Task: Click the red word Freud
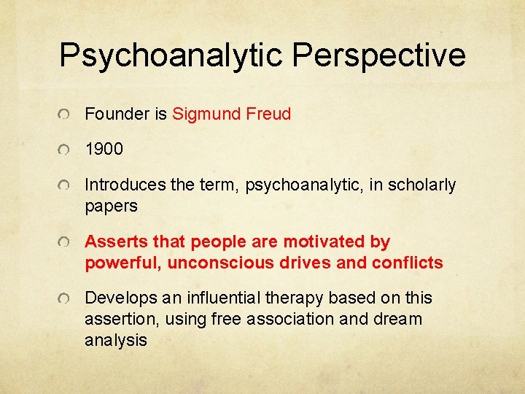(x=269, y=114)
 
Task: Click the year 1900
(x=104, y=150)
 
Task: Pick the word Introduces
(x=125, y=185)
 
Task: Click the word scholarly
(x=421, y=185)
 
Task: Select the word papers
(x=111, y=206)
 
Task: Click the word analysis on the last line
(x=116, y=339)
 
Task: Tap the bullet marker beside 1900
(x=66, y=150)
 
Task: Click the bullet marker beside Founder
(x=66, y=115)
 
